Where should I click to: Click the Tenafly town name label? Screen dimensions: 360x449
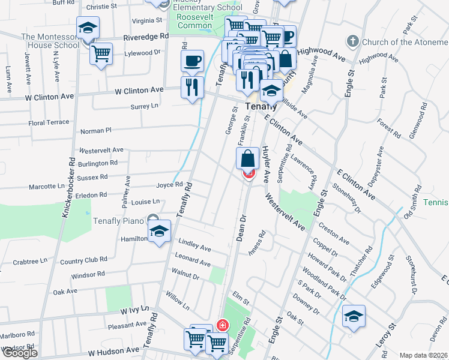[261, 107]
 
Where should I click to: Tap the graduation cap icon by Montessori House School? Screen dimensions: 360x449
[88, 28]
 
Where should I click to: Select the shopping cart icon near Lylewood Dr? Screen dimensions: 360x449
[101, 53]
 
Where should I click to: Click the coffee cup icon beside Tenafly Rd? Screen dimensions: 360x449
[192, 61]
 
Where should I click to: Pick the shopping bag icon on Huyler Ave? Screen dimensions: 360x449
[247, 159]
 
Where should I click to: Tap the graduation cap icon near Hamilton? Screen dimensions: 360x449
[159, 232]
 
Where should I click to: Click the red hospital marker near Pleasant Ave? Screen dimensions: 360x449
[223, 325]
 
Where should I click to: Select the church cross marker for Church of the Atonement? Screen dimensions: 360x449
[352, 42]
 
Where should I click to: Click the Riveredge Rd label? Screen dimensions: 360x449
[146, 37]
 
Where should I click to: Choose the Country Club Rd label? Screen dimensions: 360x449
[83, 260]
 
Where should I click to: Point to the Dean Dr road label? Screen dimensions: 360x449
[241, 228]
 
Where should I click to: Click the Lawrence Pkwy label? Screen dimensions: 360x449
[304, 170]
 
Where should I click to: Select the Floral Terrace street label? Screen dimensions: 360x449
[49, 122]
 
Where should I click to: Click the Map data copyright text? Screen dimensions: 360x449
[423, 355]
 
